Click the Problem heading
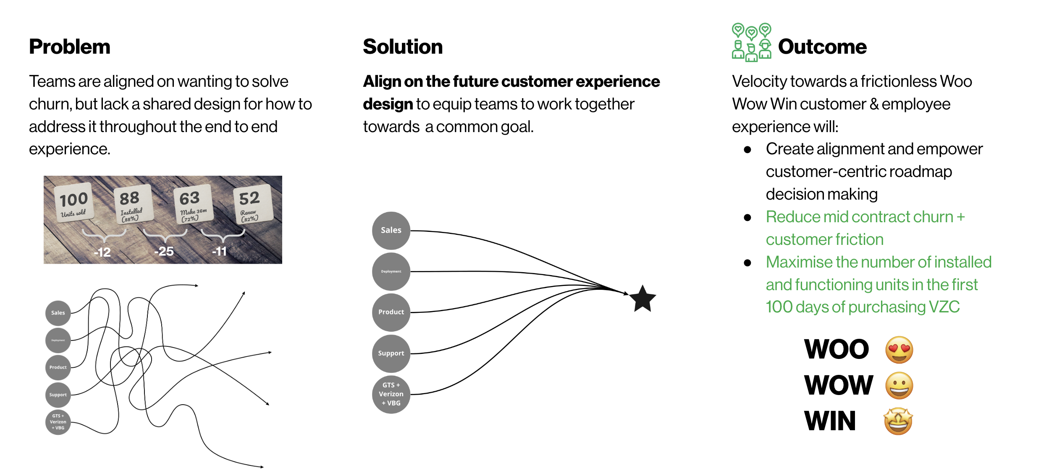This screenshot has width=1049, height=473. (x=70, y=47)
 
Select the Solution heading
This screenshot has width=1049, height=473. (x=403, y=47)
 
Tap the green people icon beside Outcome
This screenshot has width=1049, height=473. (x=751, y=42)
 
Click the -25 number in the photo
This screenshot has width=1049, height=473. (x=164, y=251)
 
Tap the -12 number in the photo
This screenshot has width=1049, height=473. (x=102, y=252)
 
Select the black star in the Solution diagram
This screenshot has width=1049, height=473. (x=643, y=299)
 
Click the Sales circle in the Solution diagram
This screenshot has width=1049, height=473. (x=391, y=230)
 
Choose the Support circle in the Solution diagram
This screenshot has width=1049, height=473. (x=391, y=353)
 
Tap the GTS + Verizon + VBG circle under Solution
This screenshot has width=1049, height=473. (x=391, y=394)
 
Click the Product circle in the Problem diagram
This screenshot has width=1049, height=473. (x=58, y=367)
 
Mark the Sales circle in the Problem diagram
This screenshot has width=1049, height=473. (x=58, y=313)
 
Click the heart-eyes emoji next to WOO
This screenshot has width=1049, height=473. (x=899, y=349)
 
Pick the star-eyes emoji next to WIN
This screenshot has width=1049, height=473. (x=898, y=421)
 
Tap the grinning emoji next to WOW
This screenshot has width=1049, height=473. (x=899, y=385)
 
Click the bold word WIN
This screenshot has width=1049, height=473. (x=830, y=421)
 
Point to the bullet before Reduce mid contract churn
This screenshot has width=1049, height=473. (x=747, y=217)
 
